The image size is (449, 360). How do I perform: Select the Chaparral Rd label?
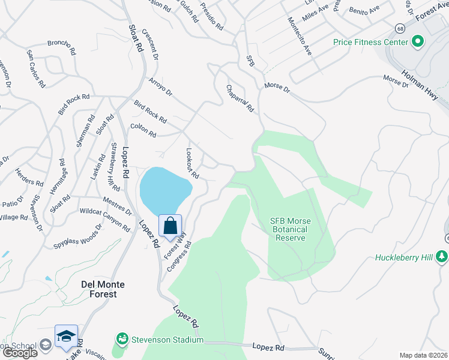[240, 98]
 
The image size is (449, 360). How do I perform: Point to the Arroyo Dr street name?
[160, 85]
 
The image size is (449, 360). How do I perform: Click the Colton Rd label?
[143, 130]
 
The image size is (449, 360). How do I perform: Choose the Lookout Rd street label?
[193, 163]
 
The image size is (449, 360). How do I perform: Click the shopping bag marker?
[170, 226]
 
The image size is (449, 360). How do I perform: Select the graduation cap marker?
[66, 336]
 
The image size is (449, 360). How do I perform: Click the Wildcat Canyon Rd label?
[104, 220]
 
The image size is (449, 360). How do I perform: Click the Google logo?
[19, 353]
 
